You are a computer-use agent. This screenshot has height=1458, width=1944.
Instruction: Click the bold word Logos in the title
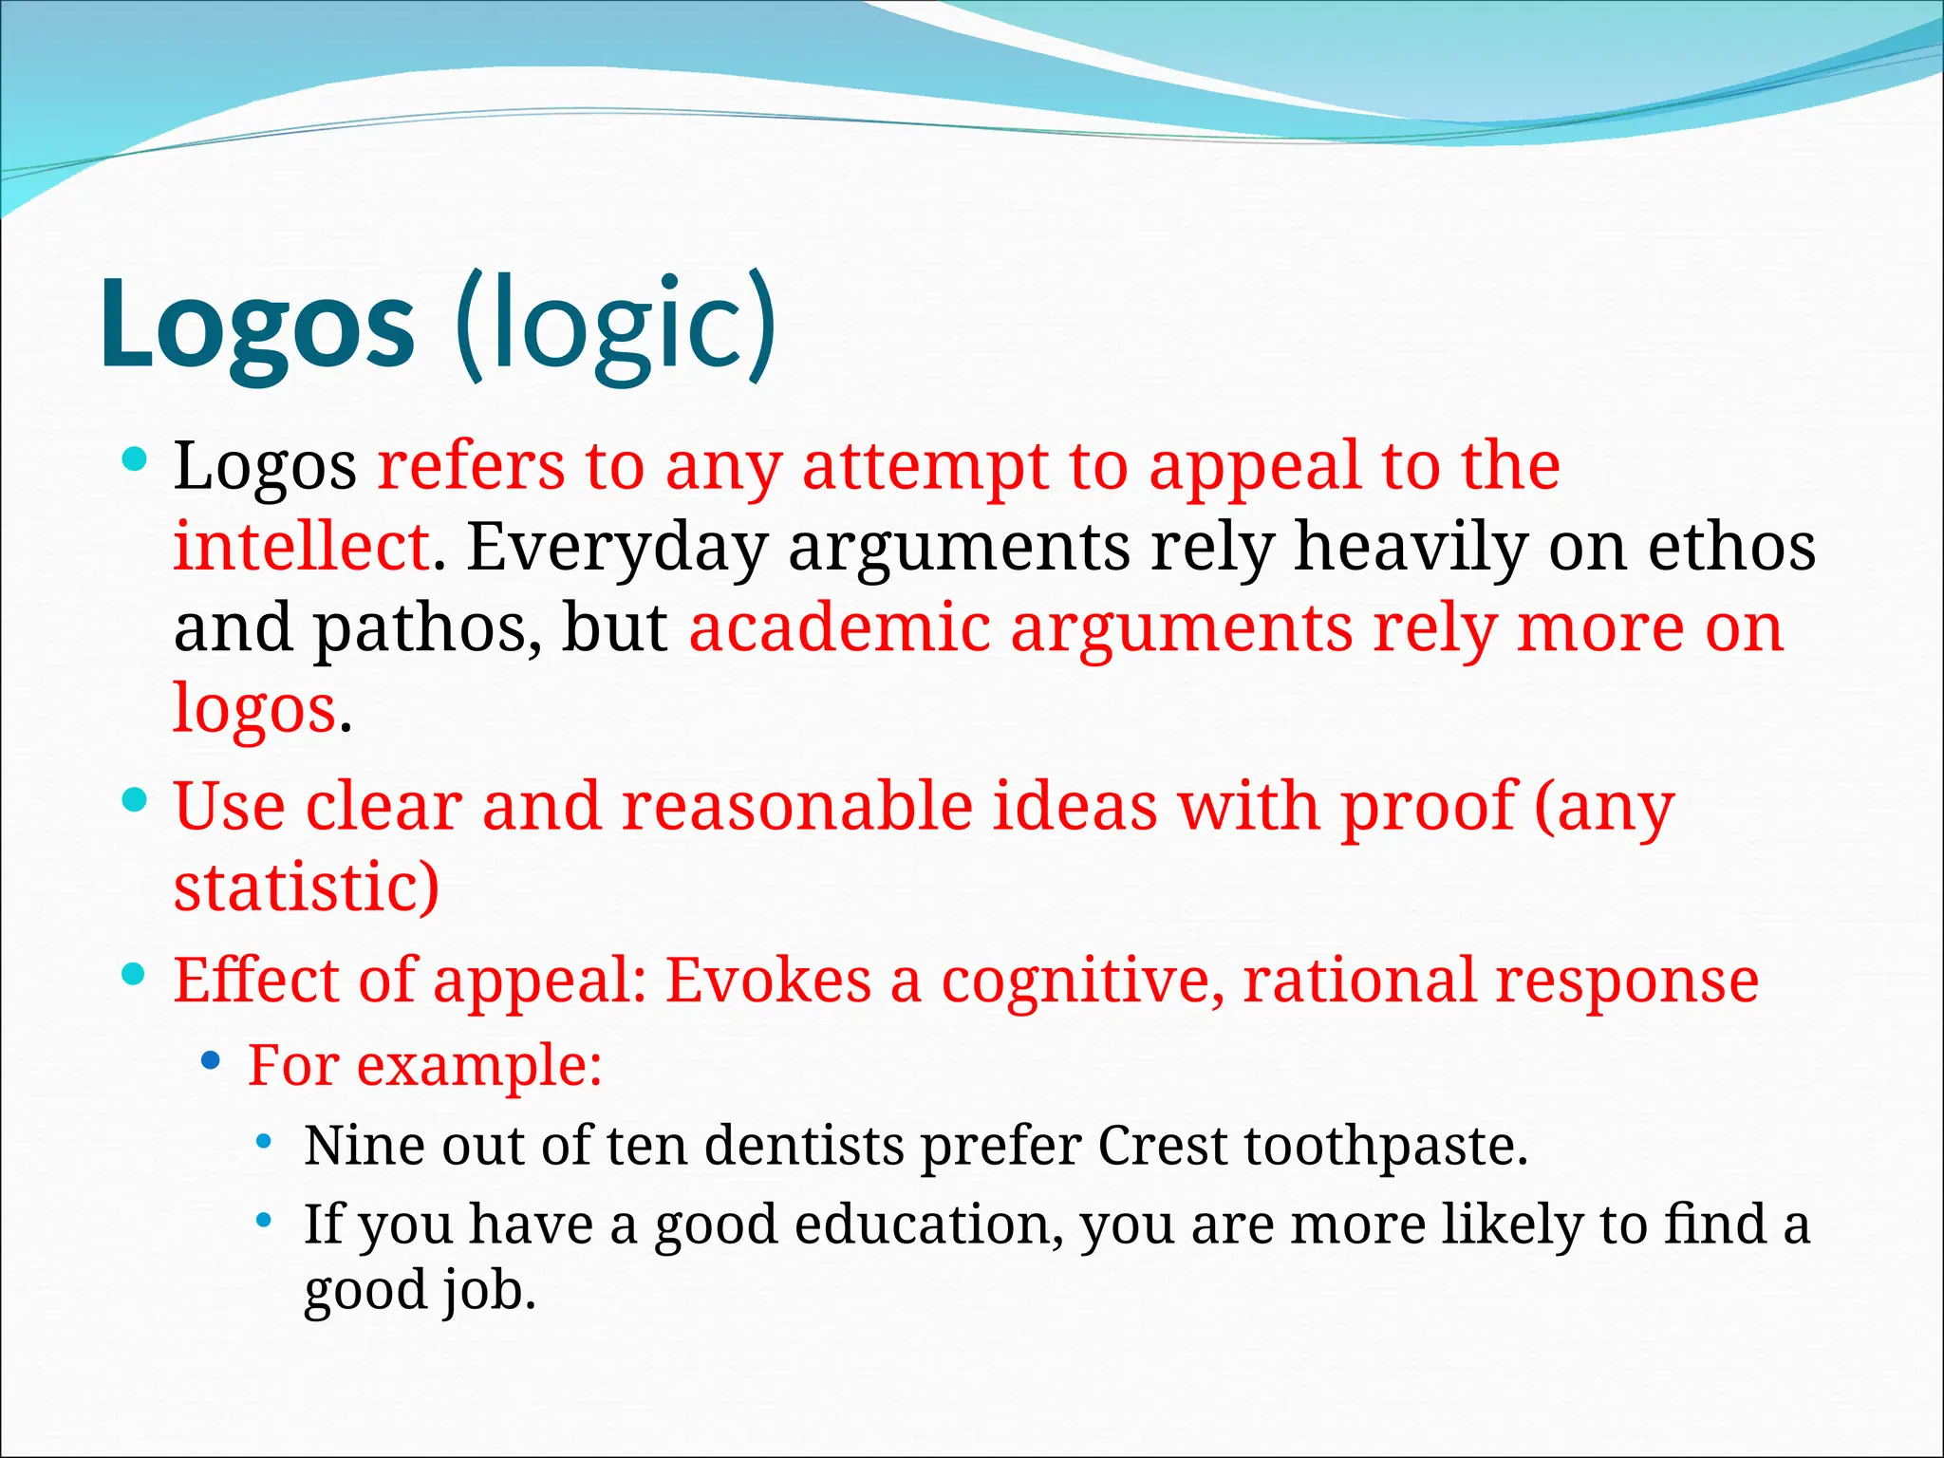click(256, 325)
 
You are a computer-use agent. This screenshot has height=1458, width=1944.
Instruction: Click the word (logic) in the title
click(615, 325)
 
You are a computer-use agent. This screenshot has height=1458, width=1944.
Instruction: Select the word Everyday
click(617, 549)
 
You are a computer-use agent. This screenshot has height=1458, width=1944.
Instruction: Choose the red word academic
click(839, 628)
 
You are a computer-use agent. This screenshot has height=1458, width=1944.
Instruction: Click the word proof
click(1427, 807)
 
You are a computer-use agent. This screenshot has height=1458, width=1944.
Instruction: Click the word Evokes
click(767, 981)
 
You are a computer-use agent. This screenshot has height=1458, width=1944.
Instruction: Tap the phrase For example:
click(424, 1065)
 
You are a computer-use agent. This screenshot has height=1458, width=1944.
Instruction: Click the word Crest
click(1162, 1146)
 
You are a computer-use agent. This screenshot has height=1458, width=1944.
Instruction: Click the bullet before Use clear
click(135, 799)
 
